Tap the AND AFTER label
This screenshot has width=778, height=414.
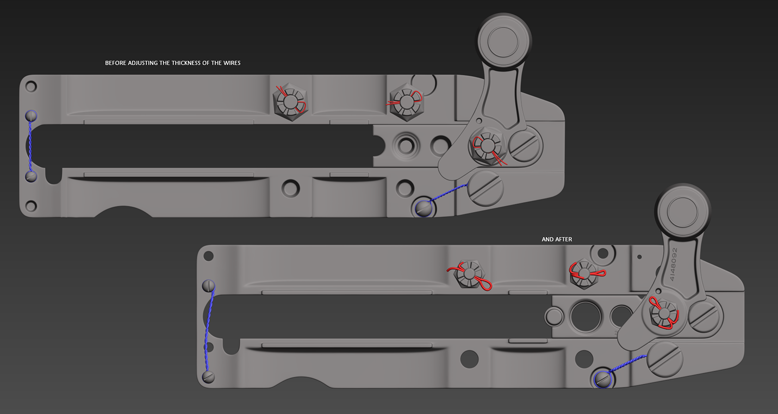557,239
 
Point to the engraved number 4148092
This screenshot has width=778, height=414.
673,264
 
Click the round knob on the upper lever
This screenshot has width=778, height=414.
503,41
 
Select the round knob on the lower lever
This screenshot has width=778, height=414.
682,211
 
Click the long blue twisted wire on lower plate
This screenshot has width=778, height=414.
209,330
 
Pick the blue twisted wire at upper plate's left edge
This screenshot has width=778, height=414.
30,146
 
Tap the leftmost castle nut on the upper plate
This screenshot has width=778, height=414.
290,102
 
